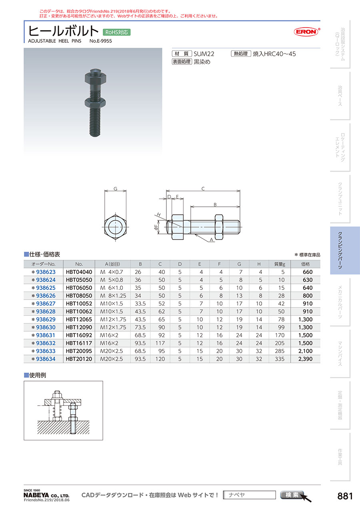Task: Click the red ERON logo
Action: click(x=306, y=32)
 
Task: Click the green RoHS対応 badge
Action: click(x=116, y=32)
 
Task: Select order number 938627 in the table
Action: click(x=46, y=303)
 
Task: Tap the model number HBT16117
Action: click(x=79, y=343)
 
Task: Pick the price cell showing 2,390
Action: click(x=305, y=359)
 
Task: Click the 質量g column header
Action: click(x=280, y=264)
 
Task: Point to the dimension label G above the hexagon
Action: click(x=115, y=189)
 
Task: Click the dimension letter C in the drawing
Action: click(x=203, y=189)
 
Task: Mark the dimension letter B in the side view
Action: click(x=215, y=204)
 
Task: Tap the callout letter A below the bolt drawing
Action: click(x=211, y=240)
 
